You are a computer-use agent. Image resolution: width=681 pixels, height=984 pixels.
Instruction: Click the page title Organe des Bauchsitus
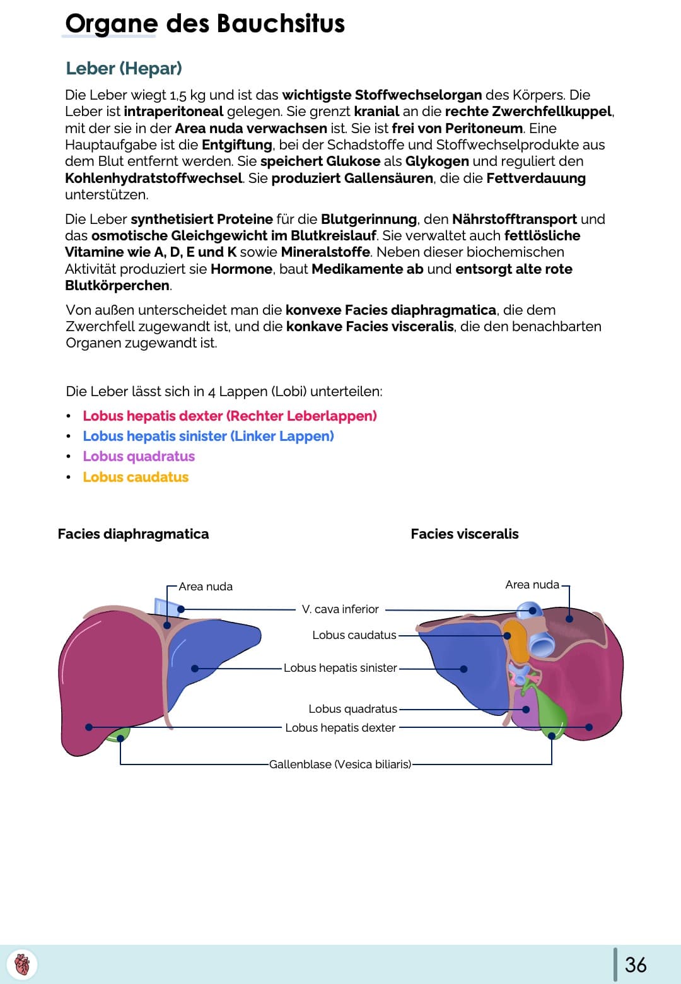tap(205, 24)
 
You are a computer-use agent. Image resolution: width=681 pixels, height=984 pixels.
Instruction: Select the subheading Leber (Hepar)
tap(124, 68)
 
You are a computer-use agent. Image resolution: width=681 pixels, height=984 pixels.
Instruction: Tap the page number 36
tap(636, 964)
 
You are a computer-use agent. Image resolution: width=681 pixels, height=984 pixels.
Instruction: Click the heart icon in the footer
tap(22, 964)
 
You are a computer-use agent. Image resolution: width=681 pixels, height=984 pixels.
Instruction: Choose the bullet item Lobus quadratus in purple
tap(139, 456)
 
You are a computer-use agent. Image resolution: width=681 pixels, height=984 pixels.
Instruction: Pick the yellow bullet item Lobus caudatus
tap(136, 477)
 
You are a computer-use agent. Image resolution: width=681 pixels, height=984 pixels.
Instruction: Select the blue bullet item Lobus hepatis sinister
tap(208, 436)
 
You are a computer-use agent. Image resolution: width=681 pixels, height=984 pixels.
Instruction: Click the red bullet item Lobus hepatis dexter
tap(230, 416)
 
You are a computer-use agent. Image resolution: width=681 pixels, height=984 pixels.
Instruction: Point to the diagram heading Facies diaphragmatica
tap(133, 534)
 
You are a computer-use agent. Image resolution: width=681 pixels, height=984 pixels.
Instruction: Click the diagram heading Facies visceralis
tap(465, 534)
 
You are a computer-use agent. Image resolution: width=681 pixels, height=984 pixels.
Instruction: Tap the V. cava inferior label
tap(340, 609)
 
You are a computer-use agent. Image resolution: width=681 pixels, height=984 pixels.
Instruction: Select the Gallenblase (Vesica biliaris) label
tap(340, 764)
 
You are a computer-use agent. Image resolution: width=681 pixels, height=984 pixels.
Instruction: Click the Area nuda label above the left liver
tap(206, 587)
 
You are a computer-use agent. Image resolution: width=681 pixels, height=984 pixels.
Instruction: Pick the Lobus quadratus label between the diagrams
tap(352, 709)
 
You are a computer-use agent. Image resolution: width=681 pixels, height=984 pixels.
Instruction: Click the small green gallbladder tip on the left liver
tap(120, 735)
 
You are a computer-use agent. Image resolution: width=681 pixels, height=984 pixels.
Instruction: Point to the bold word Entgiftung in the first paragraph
tap(237, 145)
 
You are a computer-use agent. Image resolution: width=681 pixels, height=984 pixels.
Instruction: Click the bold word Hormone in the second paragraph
tap(241, 269)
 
